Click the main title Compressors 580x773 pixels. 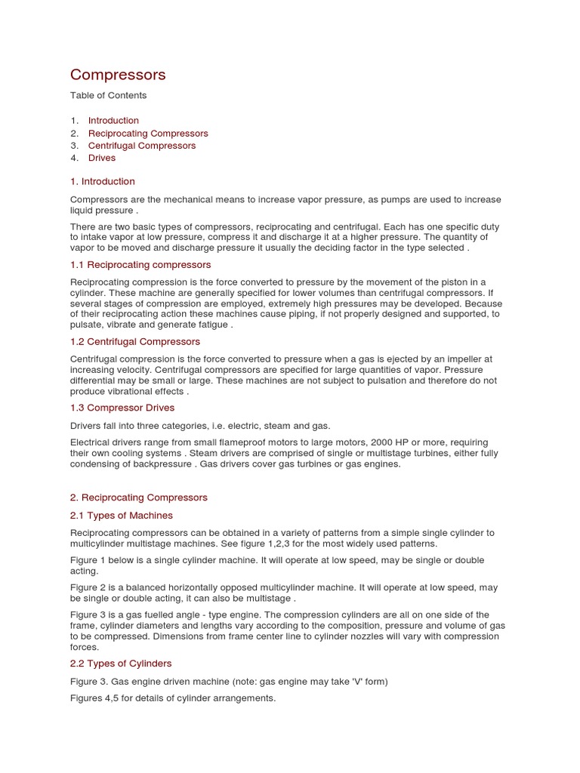(118, 75)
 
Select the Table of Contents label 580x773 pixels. (108, 96)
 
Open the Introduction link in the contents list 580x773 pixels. (113, 121)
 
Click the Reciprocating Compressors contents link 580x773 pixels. (148, 134)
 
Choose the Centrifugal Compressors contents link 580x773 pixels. (142, 146)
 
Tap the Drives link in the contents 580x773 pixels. (102, 159)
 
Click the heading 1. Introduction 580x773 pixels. (103, 182)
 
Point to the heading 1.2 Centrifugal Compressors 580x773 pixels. (135, 342)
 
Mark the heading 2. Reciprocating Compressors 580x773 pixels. (138, 498)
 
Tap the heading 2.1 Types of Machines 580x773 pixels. (122, 516)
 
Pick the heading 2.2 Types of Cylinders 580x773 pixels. (121, 664)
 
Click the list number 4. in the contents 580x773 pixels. (75, 159)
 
